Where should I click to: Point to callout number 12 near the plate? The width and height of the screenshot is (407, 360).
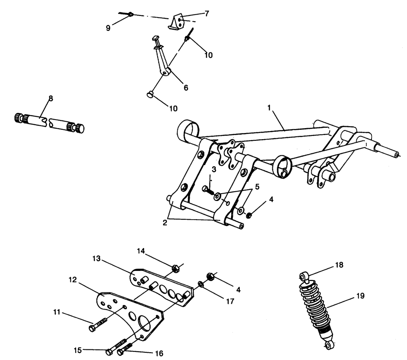pyautogui.click(x=72, y=280)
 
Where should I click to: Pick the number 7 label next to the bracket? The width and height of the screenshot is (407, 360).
pyautogui.click(x=206, y=13)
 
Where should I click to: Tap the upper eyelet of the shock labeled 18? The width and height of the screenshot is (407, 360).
pyautogui.click(x=303, y=277)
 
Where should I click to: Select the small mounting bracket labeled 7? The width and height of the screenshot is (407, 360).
pyautogui.click(x=177, y=21)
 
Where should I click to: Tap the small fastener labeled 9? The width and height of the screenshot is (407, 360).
pyautogui.click(x=129, y=15)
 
